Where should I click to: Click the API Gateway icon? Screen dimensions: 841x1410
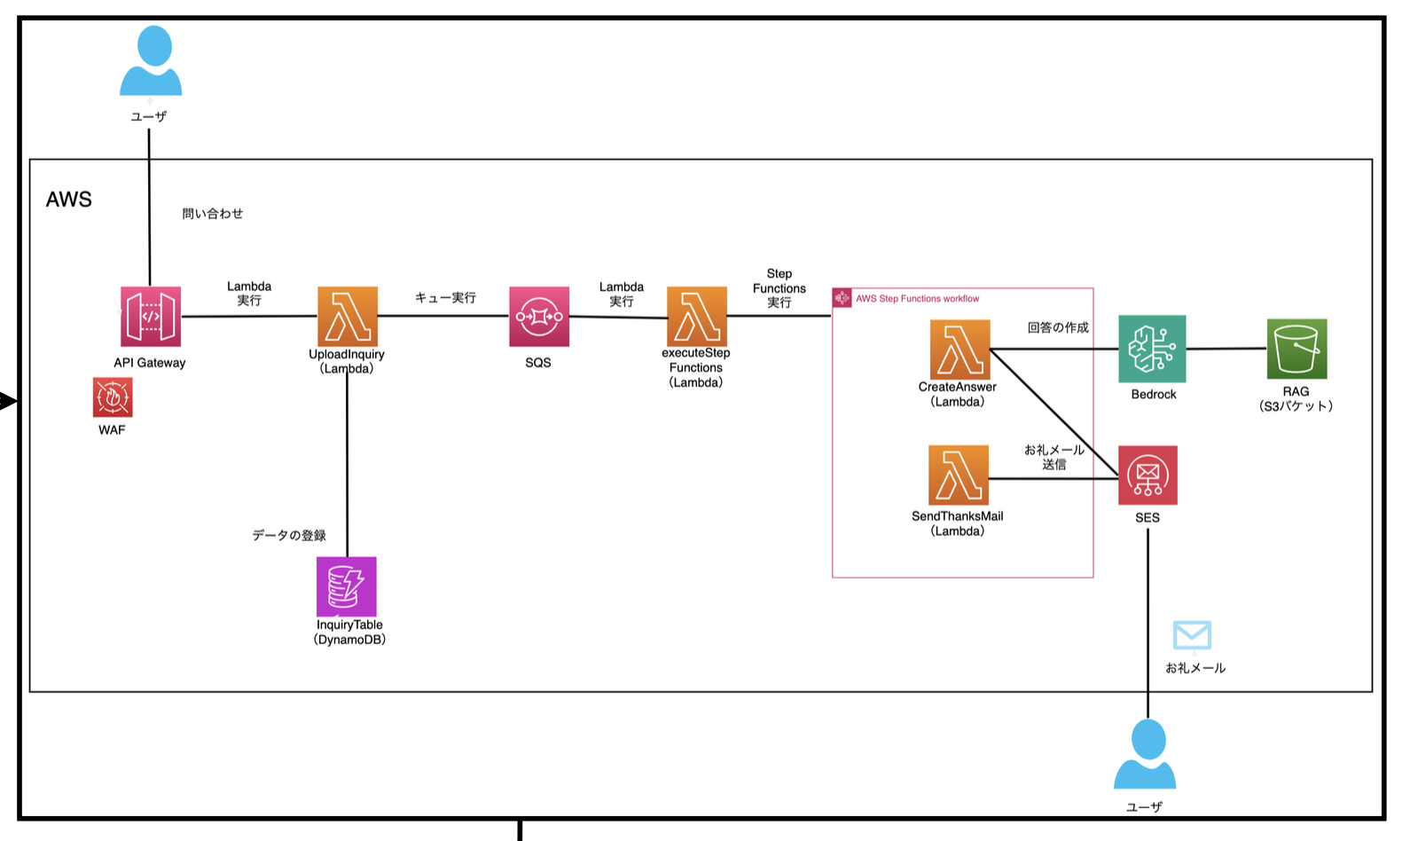click(x=151, y=316)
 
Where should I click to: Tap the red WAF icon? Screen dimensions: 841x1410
click(x=113, y=397)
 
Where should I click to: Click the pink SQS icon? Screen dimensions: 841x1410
click(x=539, y=316)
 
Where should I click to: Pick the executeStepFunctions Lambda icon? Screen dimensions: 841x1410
click(x=697, y=316)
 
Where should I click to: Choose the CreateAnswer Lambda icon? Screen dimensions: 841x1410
click(x=960, y=349)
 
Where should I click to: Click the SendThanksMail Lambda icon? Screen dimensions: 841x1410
click(x=959, y=475)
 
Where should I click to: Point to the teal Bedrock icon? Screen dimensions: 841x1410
click(x=1152, y=349)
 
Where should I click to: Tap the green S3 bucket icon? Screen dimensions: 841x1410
click(x=1296, y=349)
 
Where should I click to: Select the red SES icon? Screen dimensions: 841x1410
click(x=1148, y=475)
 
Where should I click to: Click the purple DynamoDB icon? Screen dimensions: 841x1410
click(x=347, y=586)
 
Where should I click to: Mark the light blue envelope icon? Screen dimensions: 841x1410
click(x=1192, y=635)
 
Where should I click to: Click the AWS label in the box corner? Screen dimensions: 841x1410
click(x=69, y=200)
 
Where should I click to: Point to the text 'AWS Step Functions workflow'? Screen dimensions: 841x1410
click(x=917, y=299)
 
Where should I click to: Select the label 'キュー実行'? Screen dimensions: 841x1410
click(x=445, y=298)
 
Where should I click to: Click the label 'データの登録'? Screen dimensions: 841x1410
click(x=289, y=535)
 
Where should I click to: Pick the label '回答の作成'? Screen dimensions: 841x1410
click(x=1058, y=327)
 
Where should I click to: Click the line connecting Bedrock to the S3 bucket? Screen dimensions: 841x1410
click(x=1226, y=349)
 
